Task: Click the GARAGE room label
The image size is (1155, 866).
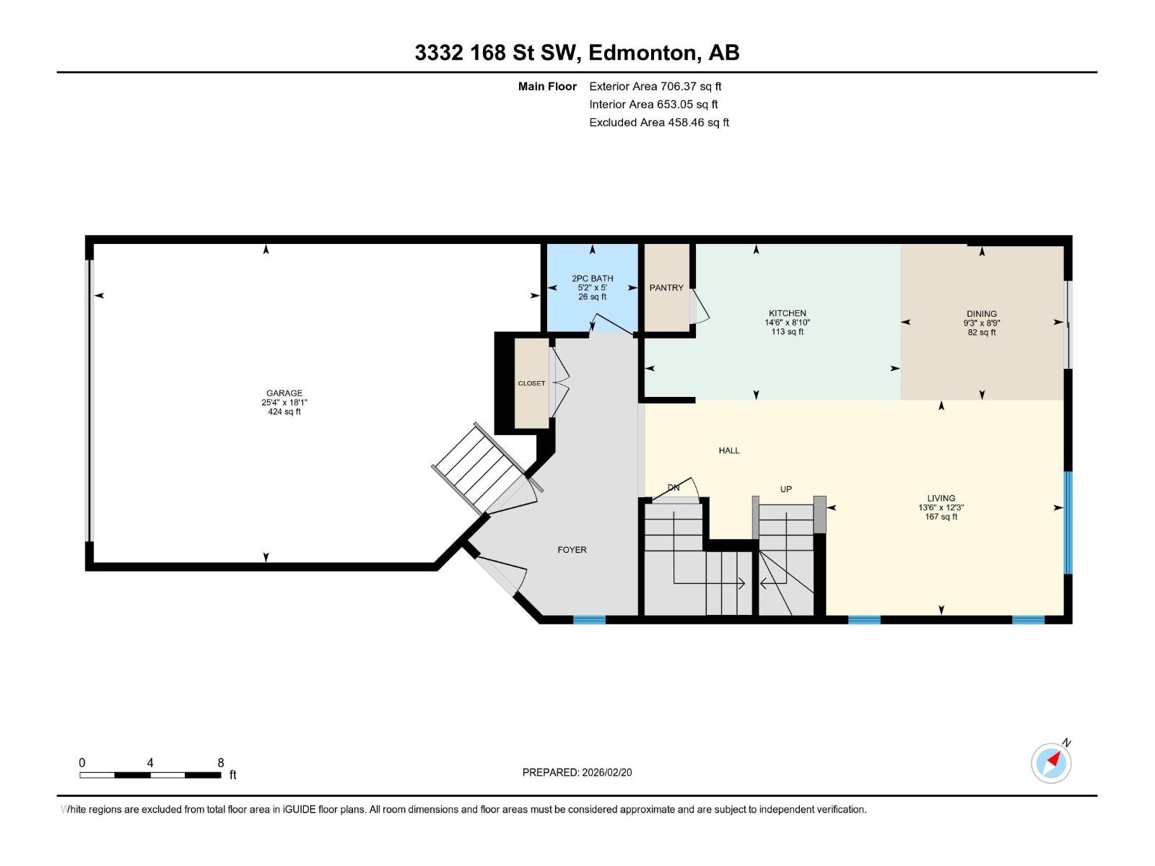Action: tap(284, 393)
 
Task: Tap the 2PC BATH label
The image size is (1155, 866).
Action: tap(593, 278)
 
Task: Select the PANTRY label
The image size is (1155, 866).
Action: tap(666, 288)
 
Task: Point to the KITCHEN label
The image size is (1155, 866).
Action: tap(787, 313)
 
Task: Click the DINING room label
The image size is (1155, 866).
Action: tap(981, 313)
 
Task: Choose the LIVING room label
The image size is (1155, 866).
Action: tap(941, 498)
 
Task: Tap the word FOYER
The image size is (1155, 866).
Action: tap(572, 549)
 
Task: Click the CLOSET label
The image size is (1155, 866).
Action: tap(531, 383)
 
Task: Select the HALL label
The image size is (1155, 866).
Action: tap(729, 450)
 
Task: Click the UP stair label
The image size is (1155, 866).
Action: tap(785, 489)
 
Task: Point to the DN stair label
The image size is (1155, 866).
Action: tap(674, 487)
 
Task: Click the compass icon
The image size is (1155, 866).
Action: tap(1051, 763)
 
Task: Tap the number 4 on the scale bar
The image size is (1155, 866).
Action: tap(150, 762)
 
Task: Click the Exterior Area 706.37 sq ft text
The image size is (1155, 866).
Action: tap(655, 86)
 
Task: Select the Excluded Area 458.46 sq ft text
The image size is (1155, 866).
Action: tap(659, 123)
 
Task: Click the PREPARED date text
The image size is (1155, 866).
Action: tap(577, 772)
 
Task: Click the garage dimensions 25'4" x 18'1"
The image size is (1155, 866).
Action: tap(284, 402)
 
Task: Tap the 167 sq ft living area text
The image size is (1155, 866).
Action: tap(941, 517)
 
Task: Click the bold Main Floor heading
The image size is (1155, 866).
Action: tap(547, 86)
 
